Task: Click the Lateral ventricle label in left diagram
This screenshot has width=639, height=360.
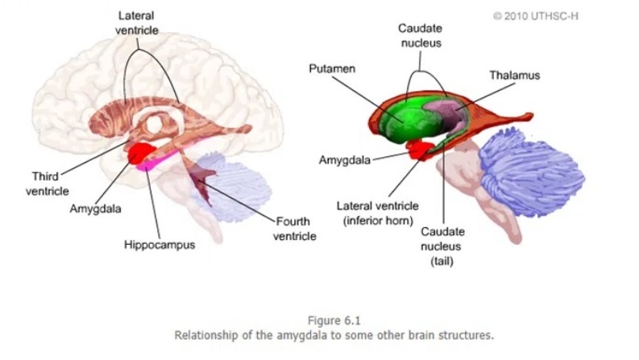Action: tap(138, 23)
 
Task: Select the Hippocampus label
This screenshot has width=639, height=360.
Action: tap(159, 244)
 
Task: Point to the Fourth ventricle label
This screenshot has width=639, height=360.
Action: tap(294, 228)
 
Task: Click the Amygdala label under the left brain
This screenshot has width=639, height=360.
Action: tap(96, 209)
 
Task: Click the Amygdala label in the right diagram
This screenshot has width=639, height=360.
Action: tap(344, 159)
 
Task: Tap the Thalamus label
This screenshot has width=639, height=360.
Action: tap(514, 75)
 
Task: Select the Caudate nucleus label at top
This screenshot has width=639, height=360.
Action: tap(420, 35)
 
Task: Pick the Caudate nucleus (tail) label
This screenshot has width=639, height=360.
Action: tap(442, 247)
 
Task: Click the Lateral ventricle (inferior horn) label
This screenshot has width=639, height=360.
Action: tap(376, 213)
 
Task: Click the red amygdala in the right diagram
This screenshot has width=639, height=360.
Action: tap(420, 149)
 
